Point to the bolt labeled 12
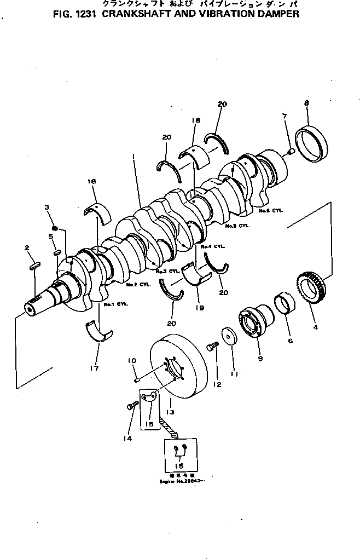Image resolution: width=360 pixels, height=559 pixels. coord(212,347)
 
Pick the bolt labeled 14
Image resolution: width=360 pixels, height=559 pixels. coord(131,406)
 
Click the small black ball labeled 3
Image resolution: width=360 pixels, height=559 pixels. coord(55,228)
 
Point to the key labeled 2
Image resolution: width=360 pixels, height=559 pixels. coord(34,266)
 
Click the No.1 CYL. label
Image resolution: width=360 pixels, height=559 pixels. coord(115,304)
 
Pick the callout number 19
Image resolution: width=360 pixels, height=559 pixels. coord(200,308)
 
